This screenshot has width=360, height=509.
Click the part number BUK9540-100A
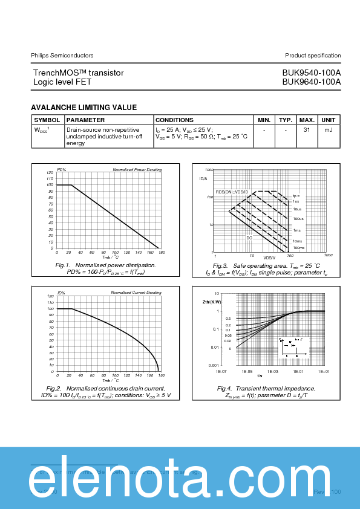(x=311, y=73)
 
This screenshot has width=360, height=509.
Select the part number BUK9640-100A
(x=311, y=82)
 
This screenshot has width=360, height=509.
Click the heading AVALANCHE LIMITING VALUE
(x=83, y=108)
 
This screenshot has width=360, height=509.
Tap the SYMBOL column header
(x=47, y=120)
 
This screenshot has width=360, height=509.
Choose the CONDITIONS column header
(x=175, y=120)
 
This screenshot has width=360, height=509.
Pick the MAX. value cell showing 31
(x=307, y=130)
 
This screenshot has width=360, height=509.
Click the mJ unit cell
(x=329, y=130)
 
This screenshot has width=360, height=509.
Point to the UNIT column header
(x=329, y=120)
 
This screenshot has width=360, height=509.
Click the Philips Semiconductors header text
(x=62, y=56)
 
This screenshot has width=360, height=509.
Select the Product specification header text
(x=313, y=56)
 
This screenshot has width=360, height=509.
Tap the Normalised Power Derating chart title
(x=137, y=170)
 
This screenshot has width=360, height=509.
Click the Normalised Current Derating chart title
(x=136, y=293)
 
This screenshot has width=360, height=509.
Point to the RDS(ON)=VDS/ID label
(x=232, y=192)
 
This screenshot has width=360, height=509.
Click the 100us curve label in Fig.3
(x=298, y=218)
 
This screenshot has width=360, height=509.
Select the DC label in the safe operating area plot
(x=249, y=238)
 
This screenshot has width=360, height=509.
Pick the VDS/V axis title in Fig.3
(x=269, y=258)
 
